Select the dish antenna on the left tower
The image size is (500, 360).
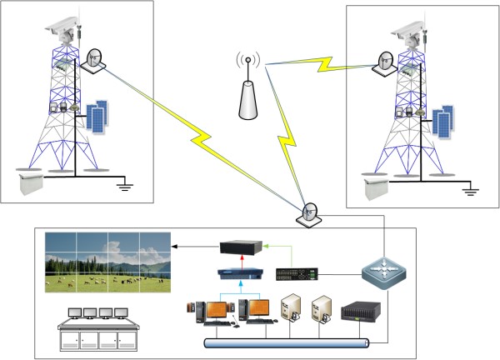(92, 59)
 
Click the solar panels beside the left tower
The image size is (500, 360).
(97, 117)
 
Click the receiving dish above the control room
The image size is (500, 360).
(308, 213)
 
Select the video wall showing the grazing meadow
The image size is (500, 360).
(107, 261)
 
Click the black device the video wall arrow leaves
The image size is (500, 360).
(241, 247)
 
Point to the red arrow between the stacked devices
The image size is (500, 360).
(240, 261)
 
